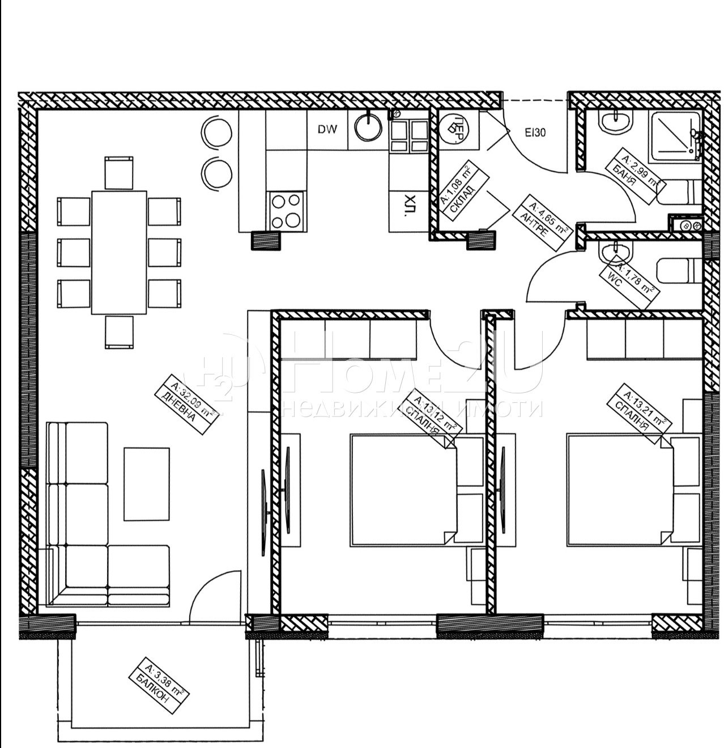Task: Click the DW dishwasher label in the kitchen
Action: tap(327, 129)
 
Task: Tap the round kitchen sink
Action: tap(369, 126)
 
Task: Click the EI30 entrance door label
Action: tap(535, 134)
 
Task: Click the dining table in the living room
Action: tap(119, 252)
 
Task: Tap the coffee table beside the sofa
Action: tap(146, 483)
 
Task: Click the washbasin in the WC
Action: tap(611, 252)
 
